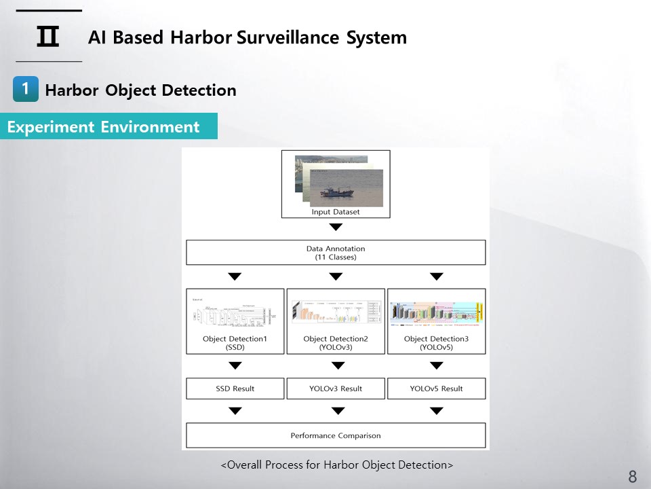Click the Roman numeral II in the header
47,37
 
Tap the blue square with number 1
25,89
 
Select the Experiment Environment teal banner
108,126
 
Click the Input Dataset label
336,212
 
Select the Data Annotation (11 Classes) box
336,253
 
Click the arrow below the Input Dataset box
336,227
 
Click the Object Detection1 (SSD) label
235,343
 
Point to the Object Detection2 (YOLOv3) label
336,343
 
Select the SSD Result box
235,388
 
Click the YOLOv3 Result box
336,388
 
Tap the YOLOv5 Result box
436,388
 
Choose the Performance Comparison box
336,435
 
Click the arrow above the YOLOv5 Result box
436,365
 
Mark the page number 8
632,476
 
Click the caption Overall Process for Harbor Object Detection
336,465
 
